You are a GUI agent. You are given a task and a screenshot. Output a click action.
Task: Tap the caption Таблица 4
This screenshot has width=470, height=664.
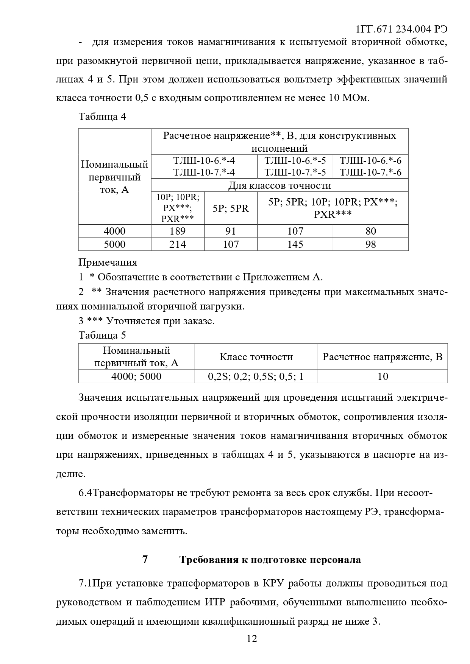(x=102, y=117)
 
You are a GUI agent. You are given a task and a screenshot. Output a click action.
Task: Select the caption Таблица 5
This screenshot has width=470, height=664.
(x=102, y=335)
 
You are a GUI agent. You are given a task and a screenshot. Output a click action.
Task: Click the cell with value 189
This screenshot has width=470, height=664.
(x=178, y=231)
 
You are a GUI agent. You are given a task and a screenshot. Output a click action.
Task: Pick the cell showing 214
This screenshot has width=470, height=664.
(x=178, y=244)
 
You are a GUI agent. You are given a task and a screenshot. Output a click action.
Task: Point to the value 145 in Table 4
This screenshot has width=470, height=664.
(x=295, y=244)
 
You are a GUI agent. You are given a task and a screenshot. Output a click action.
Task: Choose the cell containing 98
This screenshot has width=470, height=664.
(x=371, y=244)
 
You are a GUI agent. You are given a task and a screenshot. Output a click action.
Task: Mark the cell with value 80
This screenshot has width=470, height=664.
(x=371, y=231)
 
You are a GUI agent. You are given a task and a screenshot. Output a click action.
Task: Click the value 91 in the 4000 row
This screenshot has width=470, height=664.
(x=231, y=231)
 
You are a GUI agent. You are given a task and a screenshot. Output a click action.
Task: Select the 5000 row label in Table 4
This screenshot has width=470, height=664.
(x=115, y=244)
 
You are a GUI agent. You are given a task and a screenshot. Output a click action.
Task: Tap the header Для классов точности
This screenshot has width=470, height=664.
(x=280, y=185)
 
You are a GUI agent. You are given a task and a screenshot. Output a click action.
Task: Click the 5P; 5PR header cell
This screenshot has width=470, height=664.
(x=231, y=208)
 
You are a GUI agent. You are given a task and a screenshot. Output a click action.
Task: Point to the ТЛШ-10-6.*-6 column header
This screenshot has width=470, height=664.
(x=371, y=160)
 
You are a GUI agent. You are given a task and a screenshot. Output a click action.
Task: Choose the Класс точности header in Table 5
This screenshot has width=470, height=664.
(x=256, y=357)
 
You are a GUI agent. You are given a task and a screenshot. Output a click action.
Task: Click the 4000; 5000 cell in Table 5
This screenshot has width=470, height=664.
(x=136, y=376)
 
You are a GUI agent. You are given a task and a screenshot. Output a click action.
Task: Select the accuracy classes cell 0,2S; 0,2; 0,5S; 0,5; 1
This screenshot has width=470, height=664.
(x=256, y=376)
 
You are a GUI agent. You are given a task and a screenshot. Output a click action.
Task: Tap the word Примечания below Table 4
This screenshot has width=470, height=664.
(x=108, y=262)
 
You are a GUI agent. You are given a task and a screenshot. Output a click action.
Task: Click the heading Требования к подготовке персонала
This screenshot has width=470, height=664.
(x=270, y=560)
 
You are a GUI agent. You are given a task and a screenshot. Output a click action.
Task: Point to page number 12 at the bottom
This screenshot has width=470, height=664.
(x=252, y=639)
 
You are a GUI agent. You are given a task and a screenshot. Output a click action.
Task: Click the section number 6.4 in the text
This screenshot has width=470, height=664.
(x=85, y=493)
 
